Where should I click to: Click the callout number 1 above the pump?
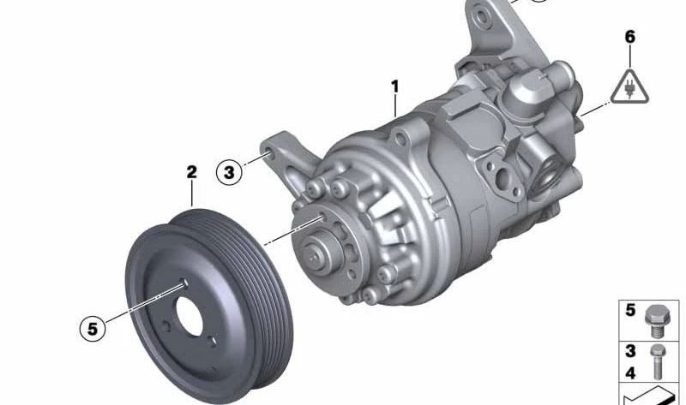395,86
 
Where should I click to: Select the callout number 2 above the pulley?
191,172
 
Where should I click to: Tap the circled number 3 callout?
229,173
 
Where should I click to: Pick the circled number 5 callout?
93,329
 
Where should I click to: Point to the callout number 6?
629,37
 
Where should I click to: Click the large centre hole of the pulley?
189,316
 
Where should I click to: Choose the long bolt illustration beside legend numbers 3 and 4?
658,361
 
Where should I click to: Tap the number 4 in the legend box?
629,373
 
